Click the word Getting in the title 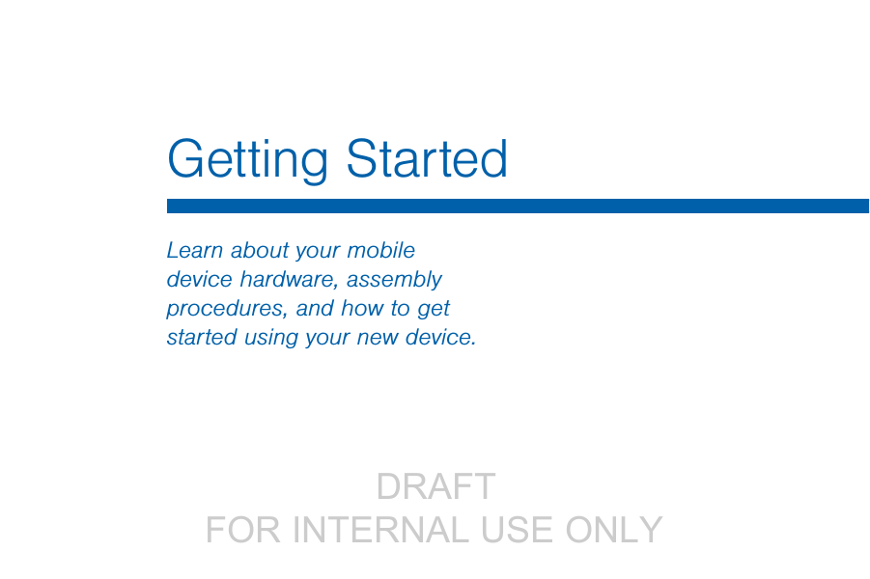tap(247, 161)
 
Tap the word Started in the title tap(427, 158)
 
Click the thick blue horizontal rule tap(518, 206)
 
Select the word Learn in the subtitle tap(195, 250)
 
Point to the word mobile tap(381, 250)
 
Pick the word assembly tap(394, 280)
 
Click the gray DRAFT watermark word tap(435, 486)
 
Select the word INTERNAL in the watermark tap(380, 530)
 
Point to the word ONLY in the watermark tap(614, 530)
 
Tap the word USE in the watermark tap(518, 530)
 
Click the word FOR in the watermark tap(243, 530)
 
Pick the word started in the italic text tap(202, 337)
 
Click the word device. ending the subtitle tap(440, 337)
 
